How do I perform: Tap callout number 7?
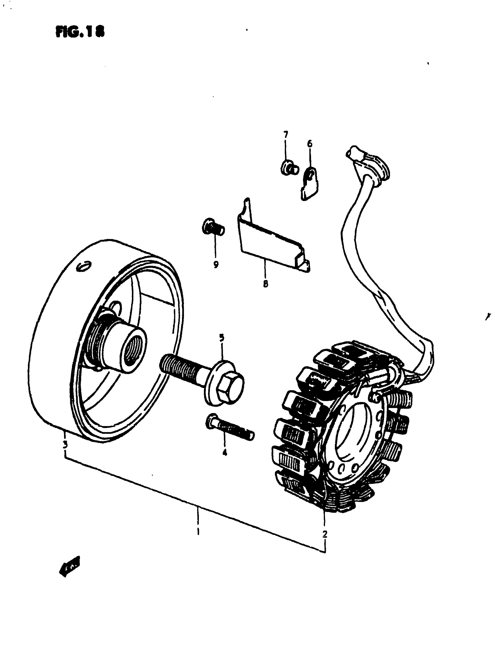pos(286,134)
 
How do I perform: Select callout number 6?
pos(310,144)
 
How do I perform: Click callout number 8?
pos(266,283)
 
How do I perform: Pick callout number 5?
pos(222,338)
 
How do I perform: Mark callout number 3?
pos(65,444)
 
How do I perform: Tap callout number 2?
pos(325,534)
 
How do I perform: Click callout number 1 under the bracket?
pos(198,532)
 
